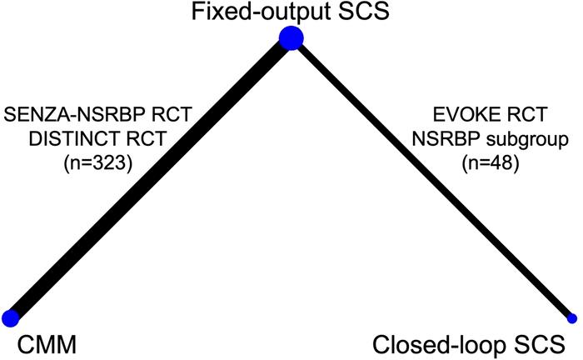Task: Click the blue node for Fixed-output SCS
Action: coord(290,37)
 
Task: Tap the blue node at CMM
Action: coord(10,317)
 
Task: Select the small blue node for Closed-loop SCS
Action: coord(571,317)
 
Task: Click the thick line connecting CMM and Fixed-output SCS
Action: coord(150,177)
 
